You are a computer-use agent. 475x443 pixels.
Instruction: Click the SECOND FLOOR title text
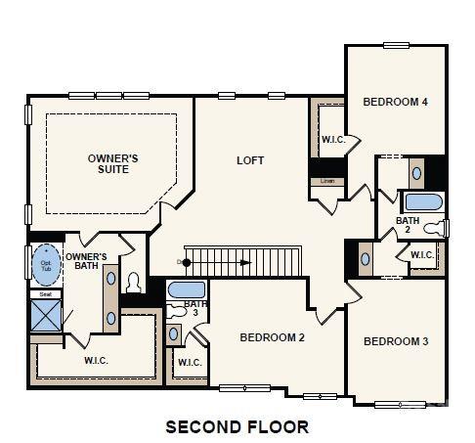click(237, 426)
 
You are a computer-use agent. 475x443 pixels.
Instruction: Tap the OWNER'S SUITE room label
click(114, 163)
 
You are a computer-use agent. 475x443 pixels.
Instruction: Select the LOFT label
click(251, 160)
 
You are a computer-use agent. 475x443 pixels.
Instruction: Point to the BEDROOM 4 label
click(396, 102)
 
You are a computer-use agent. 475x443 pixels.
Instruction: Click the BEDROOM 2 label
click(274, 337)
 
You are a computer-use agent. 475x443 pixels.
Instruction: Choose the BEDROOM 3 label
click(396, 341)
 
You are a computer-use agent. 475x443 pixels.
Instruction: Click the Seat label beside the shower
click(45, 293)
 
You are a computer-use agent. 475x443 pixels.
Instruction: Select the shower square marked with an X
click(46, 315)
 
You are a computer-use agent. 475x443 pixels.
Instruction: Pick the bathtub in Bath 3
click(187, 290)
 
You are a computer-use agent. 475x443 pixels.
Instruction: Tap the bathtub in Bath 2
click(424, 203)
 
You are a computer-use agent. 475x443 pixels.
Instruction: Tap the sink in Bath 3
click(173, 333)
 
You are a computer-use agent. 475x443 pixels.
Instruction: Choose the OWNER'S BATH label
click(86, 261)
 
